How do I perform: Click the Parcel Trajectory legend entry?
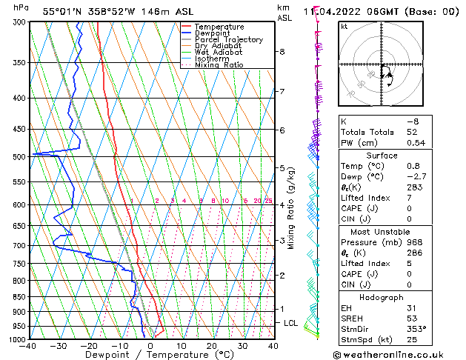pyautogui.click(x=228, y=39)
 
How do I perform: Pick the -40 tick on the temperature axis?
pyautogui.click(x=28, y=346)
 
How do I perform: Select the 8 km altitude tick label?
pyautogui.click(x=282, y=52)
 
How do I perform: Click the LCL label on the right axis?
pyautogui.click(x=291, y=323)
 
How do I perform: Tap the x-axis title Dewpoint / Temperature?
pyautogui.click(x=150, y=355)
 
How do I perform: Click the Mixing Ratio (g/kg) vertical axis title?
pyautogui.click(x=291, y=208)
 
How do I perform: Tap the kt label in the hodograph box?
pyautogui.click(x=344, y=27)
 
